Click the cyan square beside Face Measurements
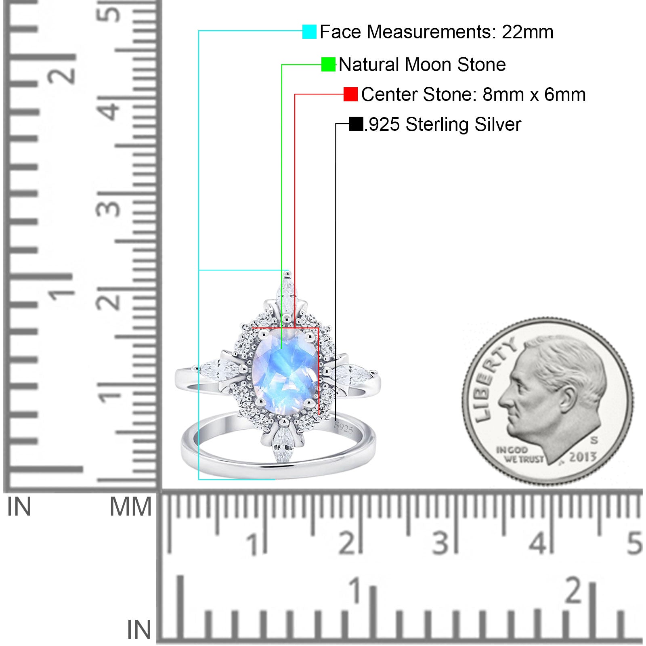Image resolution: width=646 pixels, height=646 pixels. pyautogui.click(x=309, y=31)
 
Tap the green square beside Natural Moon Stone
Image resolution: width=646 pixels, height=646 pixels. pyautogui.click(x=328, y=64)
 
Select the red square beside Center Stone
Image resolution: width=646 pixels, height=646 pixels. pyautogui.click(x=350, y=94)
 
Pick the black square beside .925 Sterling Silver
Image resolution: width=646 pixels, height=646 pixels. pyautogui.click(x=356, y=124)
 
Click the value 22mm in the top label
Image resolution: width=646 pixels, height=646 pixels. pyautogui.click(x=527, y=32)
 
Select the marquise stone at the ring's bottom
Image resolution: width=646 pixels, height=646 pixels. pyautogui.click(x=284, y=444)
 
